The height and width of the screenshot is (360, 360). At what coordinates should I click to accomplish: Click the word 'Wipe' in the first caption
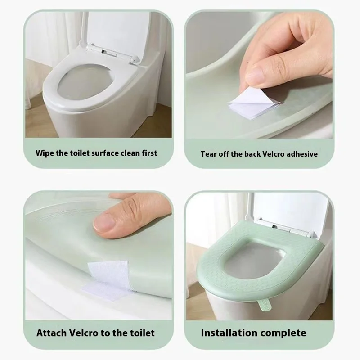pyautogui.click(x=45, y=153)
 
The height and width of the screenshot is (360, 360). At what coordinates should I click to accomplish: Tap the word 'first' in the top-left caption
pyautogui.click(x=148, y=153)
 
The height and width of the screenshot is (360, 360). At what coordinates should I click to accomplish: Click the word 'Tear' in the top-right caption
pyautogui.click(x=209, y=154)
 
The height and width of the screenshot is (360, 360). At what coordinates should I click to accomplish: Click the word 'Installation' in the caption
pyautogui.click(x=226, y=333)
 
